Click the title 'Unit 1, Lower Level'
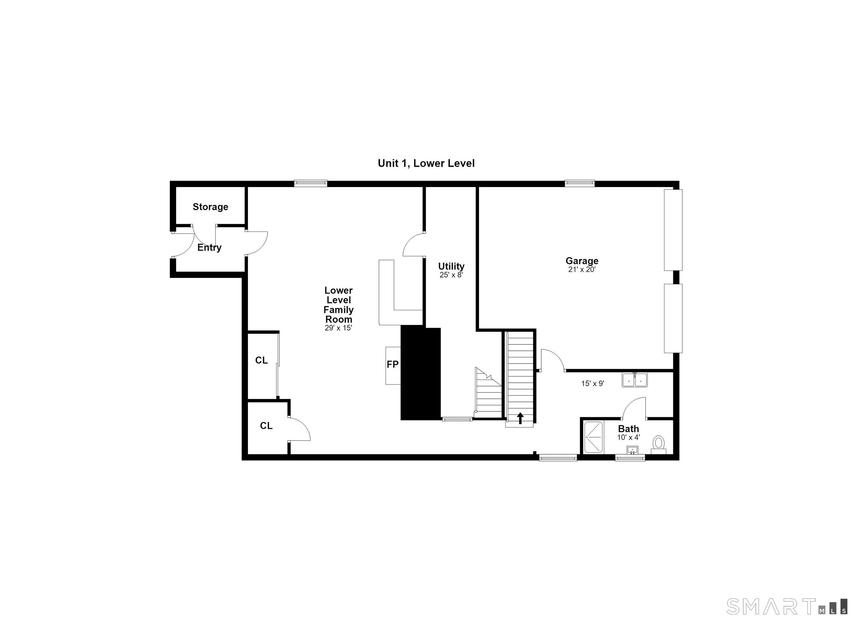[426, 163]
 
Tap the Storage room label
[210, 207]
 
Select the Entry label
[209, 247]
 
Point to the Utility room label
[451, 266]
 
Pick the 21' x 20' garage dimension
[582, 270]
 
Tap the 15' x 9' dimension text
[593, 384]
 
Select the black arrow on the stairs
[520, 418]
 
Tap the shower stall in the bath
[594, 437]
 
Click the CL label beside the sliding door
[261, 361]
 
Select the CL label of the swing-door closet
[266, 426]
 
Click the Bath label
[629, 429]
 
